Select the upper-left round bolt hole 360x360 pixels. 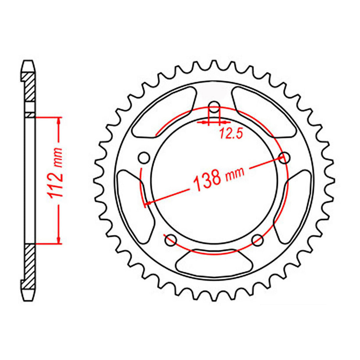[144, 158]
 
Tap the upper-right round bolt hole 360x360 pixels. [284, 158]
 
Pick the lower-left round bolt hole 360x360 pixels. [171, 239]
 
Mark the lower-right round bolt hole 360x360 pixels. [257, 239]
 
